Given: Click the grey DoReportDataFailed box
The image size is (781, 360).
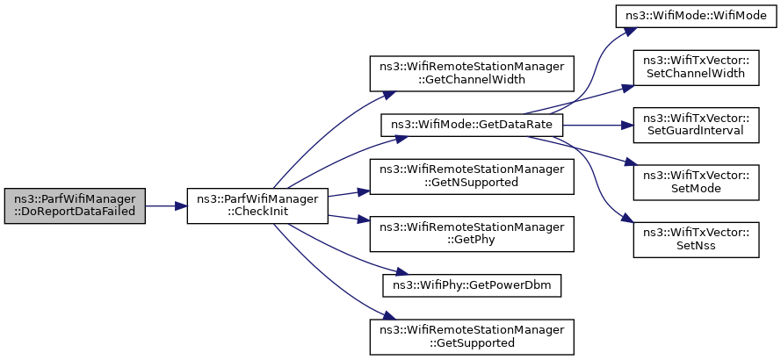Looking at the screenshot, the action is point(75,205).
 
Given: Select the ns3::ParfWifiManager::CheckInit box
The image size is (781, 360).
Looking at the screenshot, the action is point(257,205).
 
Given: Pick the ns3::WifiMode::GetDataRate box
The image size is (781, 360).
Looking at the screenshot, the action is point(472,125).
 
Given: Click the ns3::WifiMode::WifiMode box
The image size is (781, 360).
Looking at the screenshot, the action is point(697,17).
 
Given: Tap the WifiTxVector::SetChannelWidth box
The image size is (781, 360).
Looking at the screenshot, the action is point(697,68).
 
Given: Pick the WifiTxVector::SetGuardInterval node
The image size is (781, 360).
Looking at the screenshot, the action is point(697,125).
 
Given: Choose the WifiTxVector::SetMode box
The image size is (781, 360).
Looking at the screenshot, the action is point(697,183).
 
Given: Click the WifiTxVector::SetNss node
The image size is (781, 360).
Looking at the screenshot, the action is point(697,240).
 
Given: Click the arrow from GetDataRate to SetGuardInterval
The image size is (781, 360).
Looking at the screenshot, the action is point(598,125).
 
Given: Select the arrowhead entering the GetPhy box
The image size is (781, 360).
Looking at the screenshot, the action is point(364,220).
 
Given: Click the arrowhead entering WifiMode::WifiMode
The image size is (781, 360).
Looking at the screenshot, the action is point(631,31).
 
